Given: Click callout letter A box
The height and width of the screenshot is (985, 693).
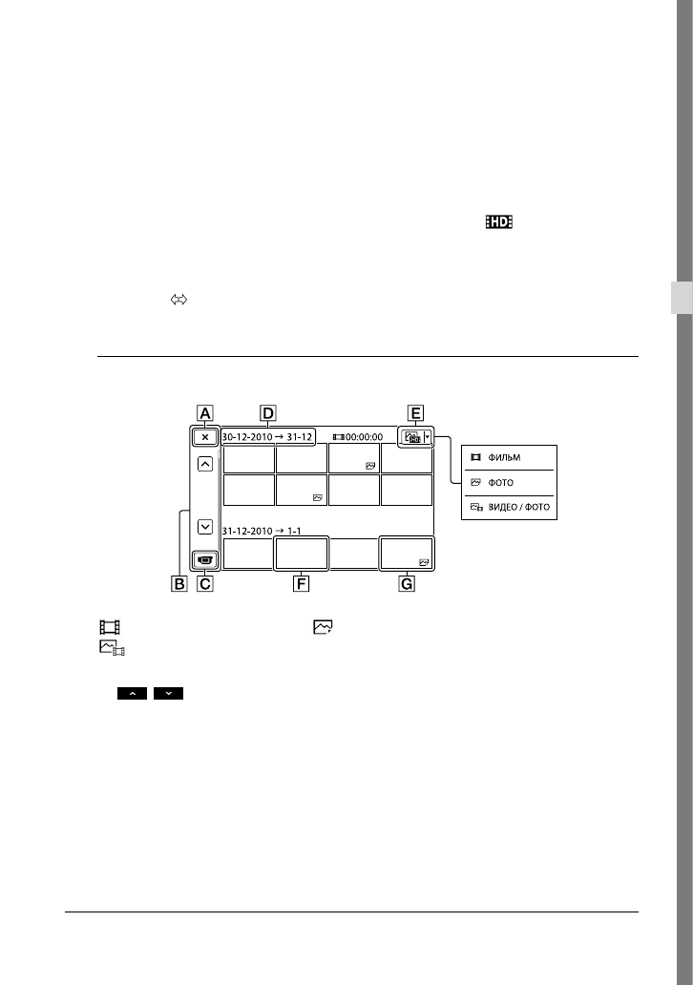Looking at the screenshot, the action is click(x=205, y=413).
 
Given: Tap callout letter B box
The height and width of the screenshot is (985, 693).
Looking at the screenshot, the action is click(x=179, y=583).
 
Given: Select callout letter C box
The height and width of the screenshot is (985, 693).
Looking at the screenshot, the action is click(x=205, y=583).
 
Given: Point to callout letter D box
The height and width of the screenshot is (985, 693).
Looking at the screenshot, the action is click(x=268, y=413).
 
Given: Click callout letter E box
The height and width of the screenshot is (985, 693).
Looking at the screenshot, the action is click(x=414, y=413).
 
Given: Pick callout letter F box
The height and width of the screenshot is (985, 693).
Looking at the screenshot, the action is click(x=302, y=583).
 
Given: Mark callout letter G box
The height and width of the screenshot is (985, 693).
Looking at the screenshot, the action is click(x=407, y=583).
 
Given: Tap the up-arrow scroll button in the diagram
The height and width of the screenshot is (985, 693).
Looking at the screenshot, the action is click(x=205, y=464).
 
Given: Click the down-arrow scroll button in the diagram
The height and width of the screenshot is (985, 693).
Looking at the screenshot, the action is click(x=205, y=527).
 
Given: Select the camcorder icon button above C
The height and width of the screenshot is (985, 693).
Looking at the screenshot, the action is click(x=205, y=558).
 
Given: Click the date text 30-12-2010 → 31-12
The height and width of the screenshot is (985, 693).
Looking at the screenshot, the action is click(x=267, y=436).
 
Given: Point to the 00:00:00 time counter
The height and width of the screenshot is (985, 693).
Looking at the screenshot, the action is click(x=364, y=437).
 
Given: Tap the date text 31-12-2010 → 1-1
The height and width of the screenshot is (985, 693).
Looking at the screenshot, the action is click(x=262, y=531).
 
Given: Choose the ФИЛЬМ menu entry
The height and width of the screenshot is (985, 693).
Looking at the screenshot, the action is click(x=504, y=458).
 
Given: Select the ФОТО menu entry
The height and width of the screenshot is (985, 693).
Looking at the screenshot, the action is click(x=501, y=482).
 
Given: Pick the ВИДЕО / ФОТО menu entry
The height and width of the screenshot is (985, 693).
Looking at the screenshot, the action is click(x=519, y=507).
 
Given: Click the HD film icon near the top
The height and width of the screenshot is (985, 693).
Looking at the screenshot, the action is click(x=499, y=221).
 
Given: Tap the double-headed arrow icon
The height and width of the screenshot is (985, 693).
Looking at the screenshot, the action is click(x=179, y=301).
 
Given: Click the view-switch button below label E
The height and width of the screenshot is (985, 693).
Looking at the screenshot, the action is click(x=415, y=436).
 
